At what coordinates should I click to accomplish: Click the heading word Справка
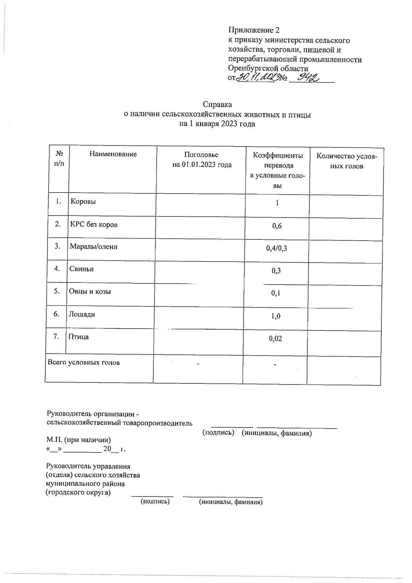tap(217, 104)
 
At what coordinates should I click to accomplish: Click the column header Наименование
tap(113, 154)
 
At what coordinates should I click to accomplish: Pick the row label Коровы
tap(83, 201)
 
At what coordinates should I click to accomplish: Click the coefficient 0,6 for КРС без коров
tap(277, 226)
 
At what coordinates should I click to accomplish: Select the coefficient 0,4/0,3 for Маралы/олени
tap(276, 248)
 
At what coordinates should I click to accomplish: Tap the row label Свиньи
tap(81, 269)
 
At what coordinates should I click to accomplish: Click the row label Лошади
tap(82, 314)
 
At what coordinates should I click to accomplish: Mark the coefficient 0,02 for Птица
tap(275, 339)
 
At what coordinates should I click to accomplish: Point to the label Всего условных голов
tap(83, 363)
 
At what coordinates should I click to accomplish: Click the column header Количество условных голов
tap(346, 161)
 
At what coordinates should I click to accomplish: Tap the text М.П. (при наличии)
tap(79, 440)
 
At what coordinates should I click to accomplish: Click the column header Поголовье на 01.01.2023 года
tap(202, 160)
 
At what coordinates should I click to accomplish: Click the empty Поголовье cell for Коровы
tap(201, 205)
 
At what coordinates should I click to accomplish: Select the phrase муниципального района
tap(85, 484)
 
